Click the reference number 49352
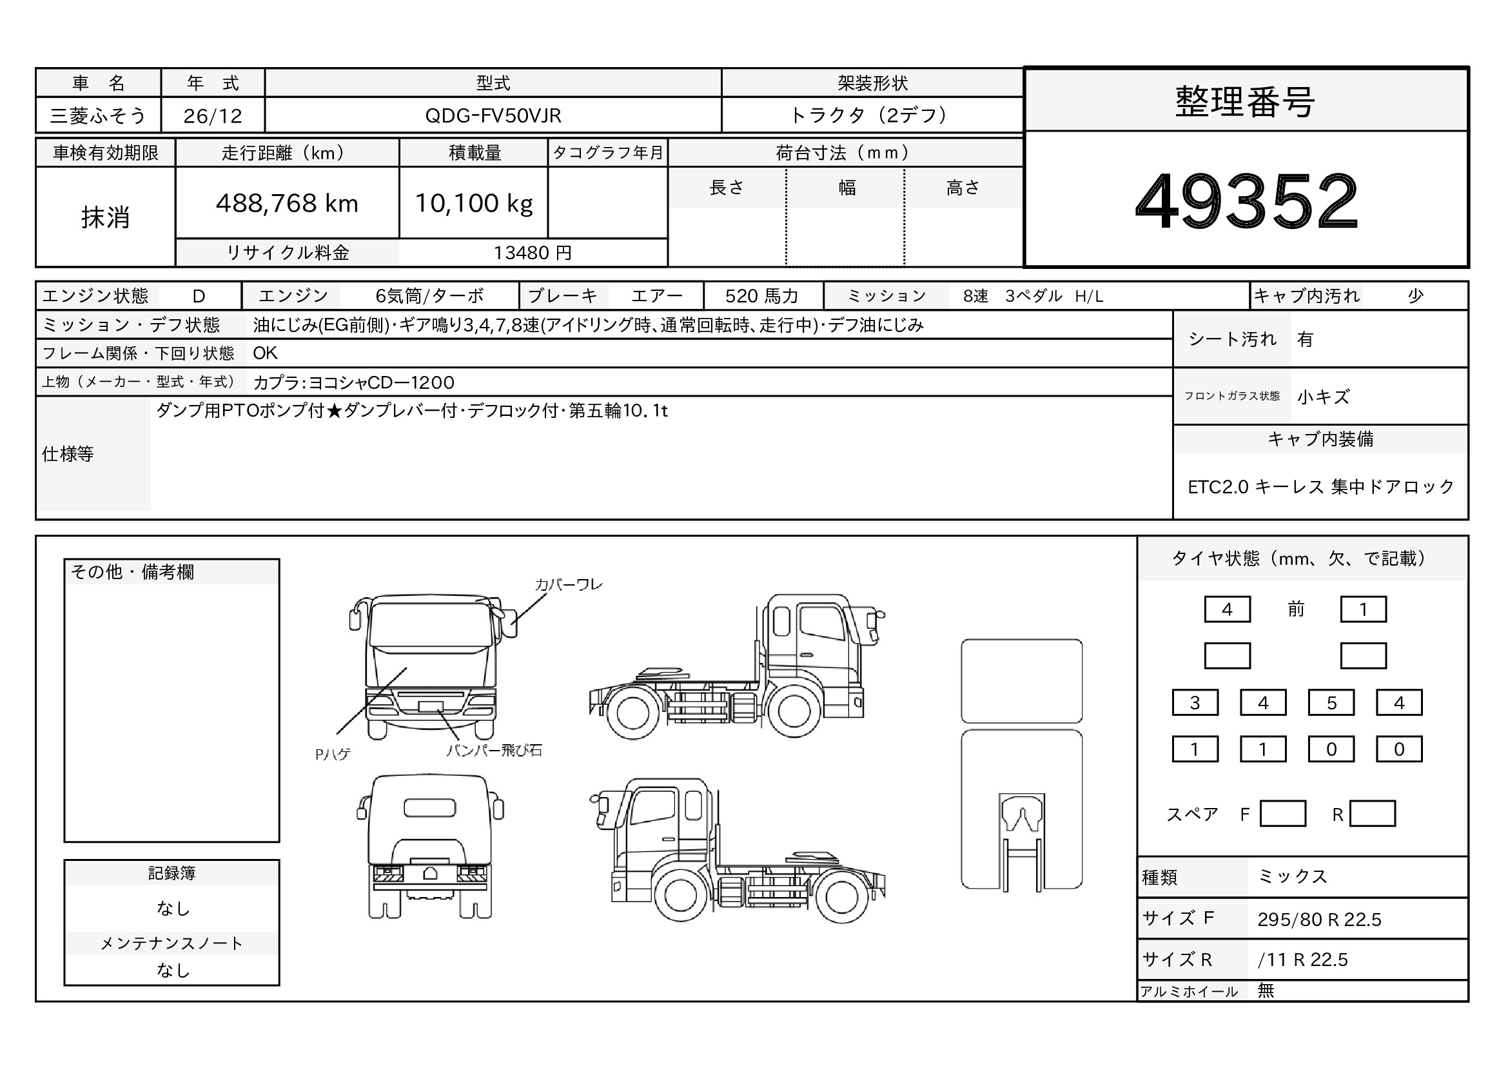(x=1246, y=201)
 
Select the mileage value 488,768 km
(x=287, y=204)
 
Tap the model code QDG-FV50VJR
(x=493, y=115)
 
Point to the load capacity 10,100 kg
(x=474, y=204)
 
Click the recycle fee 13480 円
(x=533, y=253)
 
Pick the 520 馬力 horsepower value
(x=761, y=296)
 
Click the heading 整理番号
(x=1244, y=102)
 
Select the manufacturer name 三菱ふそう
(x=98, y=115)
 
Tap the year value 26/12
(x=213, y=116)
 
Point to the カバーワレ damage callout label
(x=568, y=584)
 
